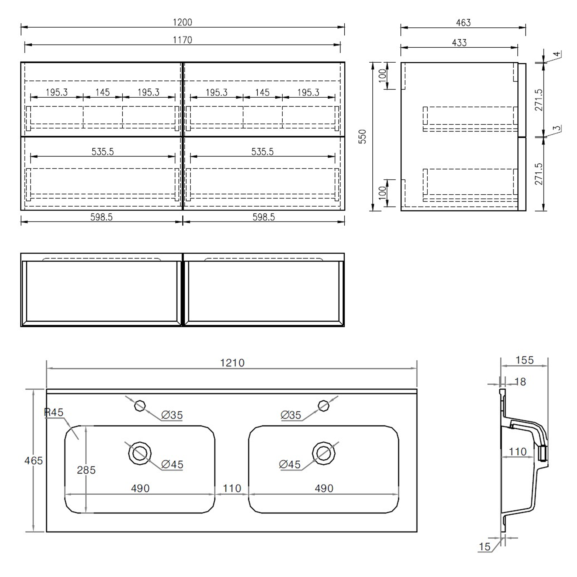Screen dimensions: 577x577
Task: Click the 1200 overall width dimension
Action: coord(182,22)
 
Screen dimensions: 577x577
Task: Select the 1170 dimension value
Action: coord(182,40)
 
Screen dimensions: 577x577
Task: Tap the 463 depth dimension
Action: coord(463,23)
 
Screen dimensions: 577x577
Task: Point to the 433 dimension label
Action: coord(459,43)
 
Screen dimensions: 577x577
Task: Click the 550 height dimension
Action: coord(362,137)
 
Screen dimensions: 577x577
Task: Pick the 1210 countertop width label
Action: coord(232,363)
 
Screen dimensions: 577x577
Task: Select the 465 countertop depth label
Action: coord(34,460)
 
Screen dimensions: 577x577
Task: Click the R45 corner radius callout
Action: coord(54,412)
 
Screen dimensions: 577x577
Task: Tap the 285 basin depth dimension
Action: coord(86,470)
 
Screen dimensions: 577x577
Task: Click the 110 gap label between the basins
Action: coord(232,488)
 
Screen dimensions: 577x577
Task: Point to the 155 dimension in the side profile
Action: coord(525,360)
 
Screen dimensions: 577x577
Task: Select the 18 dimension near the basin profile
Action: coord(520,382)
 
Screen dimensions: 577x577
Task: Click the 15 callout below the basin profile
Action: coord(485,546)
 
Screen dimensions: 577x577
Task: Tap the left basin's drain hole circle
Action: coord(140,453)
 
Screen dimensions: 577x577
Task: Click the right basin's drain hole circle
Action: coord(324,453)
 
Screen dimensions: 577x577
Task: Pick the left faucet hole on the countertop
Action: coord(140,405)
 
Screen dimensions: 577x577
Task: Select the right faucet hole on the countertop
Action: coord(324,405)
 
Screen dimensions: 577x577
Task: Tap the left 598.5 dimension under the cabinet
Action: coord(102,217)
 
